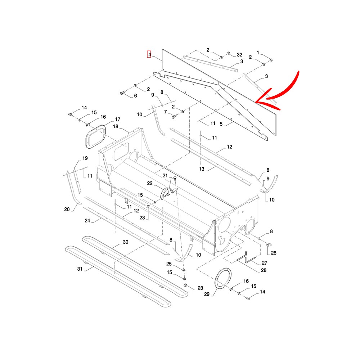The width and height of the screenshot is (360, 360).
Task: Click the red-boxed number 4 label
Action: [x=149, y=54]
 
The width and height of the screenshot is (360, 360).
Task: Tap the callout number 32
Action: [x=239, y=55]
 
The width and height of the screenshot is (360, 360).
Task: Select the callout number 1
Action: [x=258, y=53]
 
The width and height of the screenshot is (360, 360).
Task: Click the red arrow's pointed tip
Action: [x=256, y=102]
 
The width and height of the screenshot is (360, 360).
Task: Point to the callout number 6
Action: [x=135, y=95]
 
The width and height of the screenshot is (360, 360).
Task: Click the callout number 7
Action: [x=165, y=112]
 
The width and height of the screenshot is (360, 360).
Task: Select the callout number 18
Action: [x=116, y=126]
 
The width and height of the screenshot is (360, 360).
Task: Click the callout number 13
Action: [x=202, y=169]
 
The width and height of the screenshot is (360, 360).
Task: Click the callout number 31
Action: [x=80, y=269]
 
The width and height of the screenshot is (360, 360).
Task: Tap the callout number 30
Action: [x=125, y=242]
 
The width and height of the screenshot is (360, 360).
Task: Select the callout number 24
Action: [x=87, y=221]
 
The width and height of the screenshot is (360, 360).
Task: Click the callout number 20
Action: [x=67, y=209]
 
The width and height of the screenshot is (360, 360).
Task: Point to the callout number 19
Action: [x=85, y=158]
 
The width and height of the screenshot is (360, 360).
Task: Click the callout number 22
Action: [x=150, y=183]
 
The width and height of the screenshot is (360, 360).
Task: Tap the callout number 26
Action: [x=274, y=253]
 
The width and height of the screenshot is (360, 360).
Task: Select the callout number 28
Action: [x=264, y=270]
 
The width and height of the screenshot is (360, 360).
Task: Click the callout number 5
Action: [x=221, y=124]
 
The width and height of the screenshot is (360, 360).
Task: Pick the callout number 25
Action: [x=169, y=264]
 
